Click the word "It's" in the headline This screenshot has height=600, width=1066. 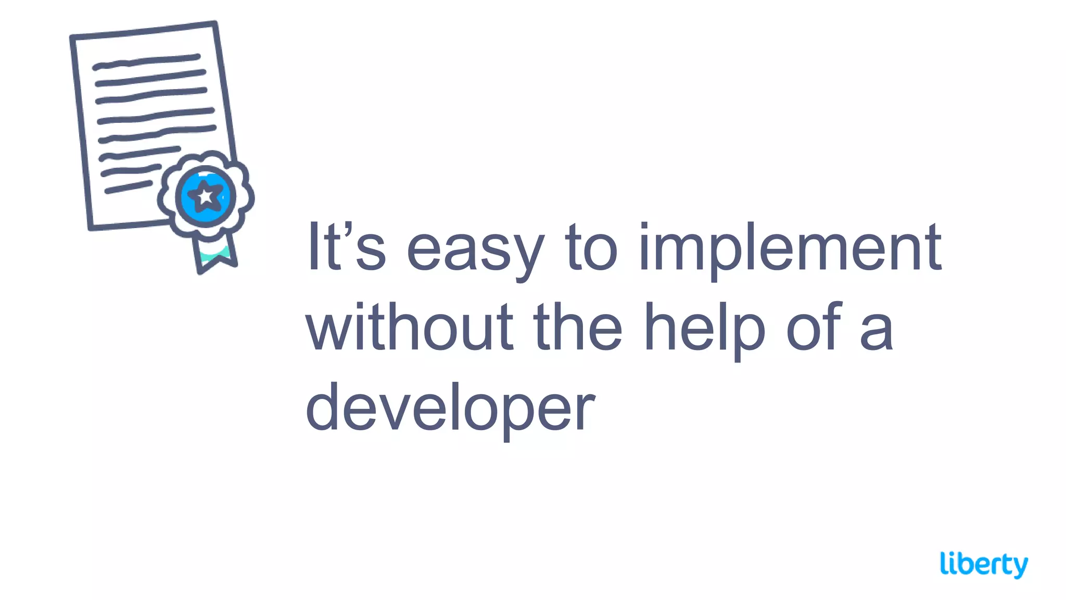pyautogui.click(x=346, y=247)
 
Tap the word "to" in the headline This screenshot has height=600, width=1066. pyautogui.click(x=591, y=247)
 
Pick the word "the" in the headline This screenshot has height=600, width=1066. pyautogui.click(x=577, y=327)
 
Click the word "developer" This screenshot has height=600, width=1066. pyautogui.click(x=450, y=409)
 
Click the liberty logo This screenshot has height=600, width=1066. pyautogui.click(x=984, y=565)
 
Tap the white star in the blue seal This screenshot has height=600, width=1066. pyautogui.click(x=206, y=196)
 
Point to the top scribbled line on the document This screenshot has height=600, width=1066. pyautogui.click(x=146, y=61)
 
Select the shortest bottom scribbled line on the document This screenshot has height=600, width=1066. pyautogui.click(x=129, y=187)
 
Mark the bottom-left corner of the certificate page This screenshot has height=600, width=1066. pyautogui.click(x=91, y=227)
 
